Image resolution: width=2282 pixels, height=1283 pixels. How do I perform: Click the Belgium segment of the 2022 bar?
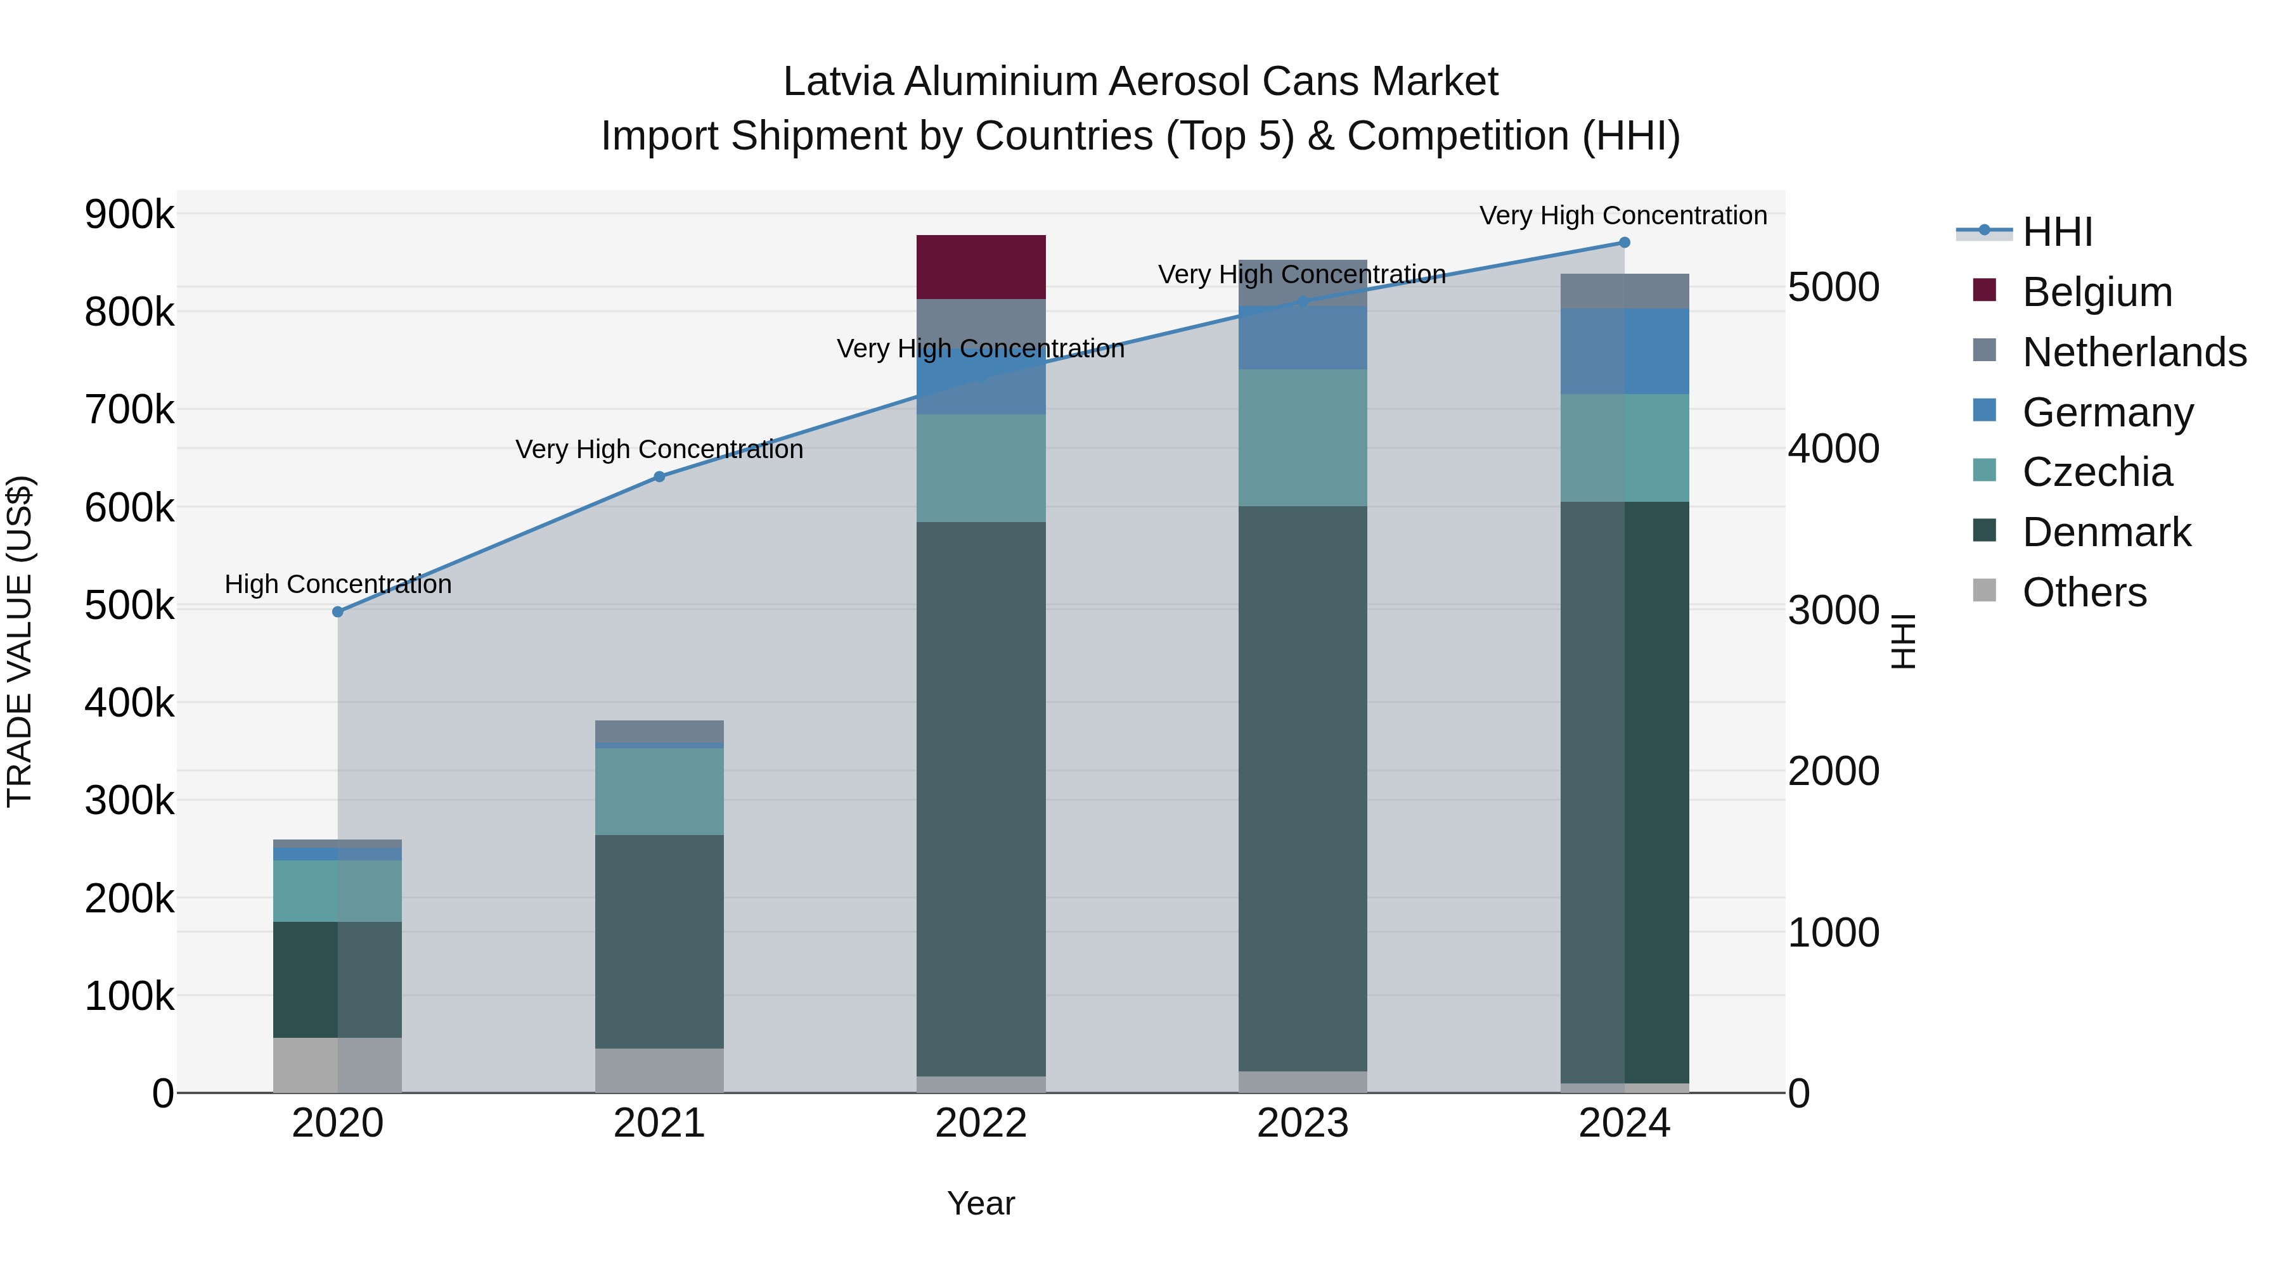click(x=981, y=267)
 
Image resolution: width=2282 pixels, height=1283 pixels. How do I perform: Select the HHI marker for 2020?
click(x=337, y=612)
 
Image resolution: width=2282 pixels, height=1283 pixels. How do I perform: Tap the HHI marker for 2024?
click(x=1624, y=243)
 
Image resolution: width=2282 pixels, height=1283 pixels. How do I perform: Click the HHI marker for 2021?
click(x=659, y=477)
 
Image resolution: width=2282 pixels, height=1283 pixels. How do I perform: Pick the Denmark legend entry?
click(x=2106, y=533)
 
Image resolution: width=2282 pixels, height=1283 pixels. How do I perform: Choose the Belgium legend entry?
click(x=2096, y=292)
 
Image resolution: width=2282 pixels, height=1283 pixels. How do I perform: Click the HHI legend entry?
click(x=2057, y=232)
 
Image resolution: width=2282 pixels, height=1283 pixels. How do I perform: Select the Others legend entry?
click(x=2084, y=592)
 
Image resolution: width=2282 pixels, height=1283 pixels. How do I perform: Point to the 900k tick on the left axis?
click(x=129, y=214)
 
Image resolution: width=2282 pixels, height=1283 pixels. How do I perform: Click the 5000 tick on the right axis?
click(x=1833, y=288)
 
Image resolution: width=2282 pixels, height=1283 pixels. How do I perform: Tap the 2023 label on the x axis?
click(x=1302, y=1123)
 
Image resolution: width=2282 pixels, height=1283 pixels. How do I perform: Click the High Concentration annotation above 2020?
click(x=337, y=584)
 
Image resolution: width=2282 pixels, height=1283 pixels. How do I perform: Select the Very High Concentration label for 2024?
click(x=1623, y=215)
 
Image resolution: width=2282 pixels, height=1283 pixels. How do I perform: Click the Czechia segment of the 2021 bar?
click(x=659, y=791)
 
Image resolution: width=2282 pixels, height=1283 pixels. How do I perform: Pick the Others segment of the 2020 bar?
click(x=337, y=1064)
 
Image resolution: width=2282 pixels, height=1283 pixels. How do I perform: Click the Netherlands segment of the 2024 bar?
click(x=1624, y=291)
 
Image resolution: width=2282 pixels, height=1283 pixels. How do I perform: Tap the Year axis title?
click(x=981, y=1203)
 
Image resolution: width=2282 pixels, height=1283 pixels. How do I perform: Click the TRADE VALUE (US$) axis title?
click(x=20, y=641)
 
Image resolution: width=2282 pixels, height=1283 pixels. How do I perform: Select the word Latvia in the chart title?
click(x=838, y=82)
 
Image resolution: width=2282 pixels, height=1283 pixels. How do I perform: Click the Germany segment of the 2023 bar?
click(x=1302, y=338)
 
